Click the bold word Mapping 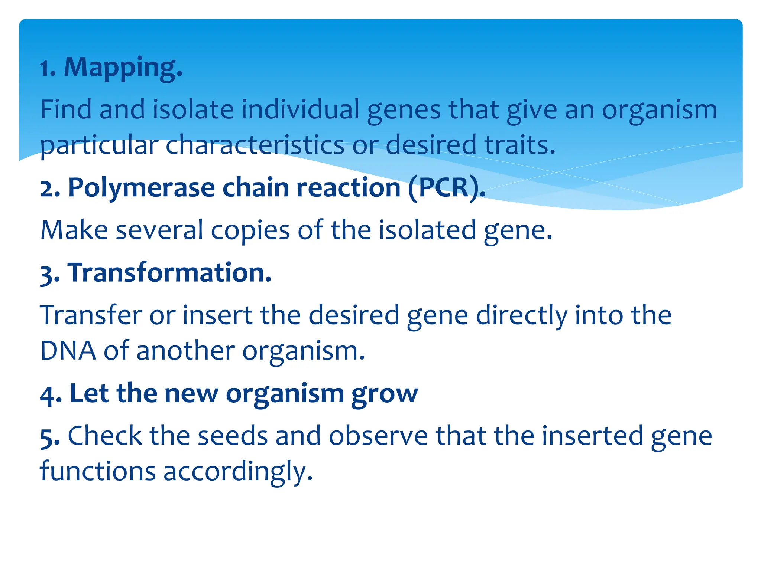click(123, 68)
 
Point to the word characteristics click(255, 145)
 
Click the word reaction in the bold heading click(348, 187)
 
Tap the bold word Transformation click(169, 273)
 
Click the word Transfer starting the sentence click(91, 315)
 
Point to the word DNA click(68, 351)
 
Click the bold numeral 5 click(49, 437)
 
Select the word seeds click(232, 436)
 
